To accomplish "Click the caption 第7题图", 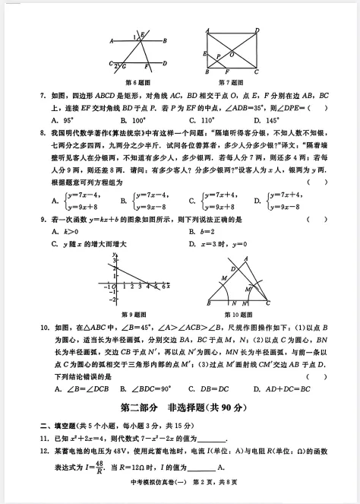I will tap(229, 81).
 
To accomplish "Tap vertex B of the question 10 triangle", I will tap(201, 301).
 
